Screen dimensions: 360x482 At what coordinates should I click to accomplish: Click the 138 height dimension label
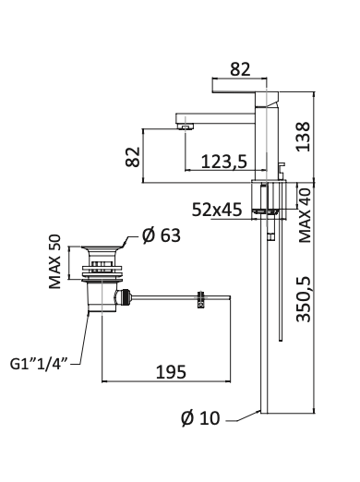(x=303, y=137)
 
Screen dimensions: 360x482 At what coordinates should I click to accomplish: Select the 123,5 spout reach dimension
(x=224, y=161)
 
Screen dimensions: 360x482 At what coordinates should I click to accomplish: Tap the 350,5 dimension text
(x=304, y=299)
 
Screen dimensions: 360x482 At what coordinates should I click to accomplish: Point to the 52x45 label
(x=217, y=210)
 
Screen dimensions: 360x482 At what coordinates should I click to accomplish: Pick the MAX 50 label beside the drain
(x=55, y=261)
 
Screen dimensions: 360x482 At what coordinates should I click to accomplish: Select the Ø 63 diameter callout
(x=162, y=235)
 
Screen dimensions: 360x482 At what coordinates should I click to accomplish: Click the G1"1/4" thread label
(x=39, y=364)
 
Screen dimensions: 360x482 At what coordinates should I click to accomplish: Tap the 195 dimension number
(x=171, y=372)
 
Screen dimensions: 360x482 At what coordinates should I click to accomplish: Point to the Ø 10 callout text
(x=200, y=418)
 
